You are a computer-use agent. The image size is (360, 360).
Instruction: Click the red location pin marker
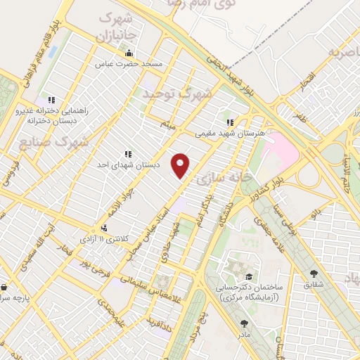(181, 165)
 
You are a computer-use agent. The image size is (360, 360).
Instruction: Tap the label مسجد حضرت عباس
(129, 63)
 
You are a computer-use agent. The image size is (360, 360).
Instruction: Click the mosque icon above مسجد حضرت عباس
(128, 53)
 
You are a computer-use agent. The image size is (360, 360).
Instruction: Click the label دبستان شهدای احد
(128, 165)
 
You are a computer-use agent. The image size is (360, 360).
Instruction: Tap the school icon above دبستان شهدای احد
(128, 154)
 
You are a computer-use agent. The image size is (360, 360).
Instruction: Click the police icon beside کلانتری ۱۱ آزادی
(104, 227)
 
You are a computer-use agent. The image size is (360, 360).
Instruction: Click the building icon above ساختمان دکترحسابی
(250, 276)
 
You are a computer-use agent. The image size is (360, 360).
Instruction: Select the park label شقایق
(314, 286)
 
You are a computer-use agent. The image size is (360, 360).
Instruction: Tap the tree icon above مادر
(244, 323)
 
